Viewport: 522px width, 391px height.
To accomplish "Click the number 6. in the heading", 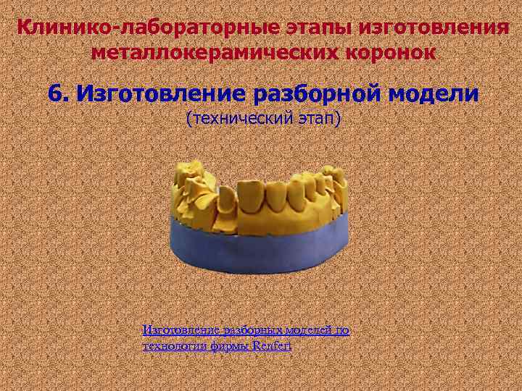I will tap(59, 94).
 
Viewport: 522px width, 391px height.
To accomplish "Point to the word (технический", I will tap(232, 118).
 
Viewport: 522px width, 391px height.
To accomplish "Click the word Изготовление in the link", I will tap(176, 331).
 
